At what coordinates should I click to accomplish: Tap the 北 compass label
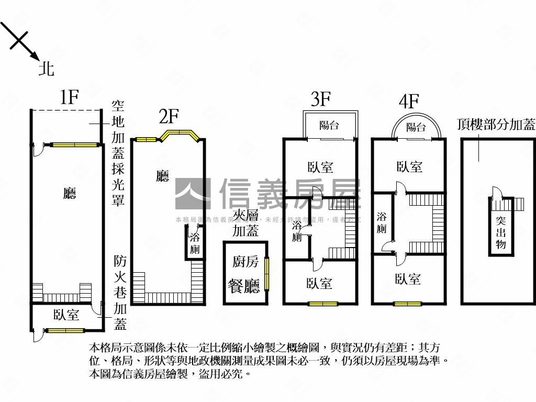pos(47,69)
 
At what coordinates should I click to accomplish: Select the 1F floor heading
pos(69,97)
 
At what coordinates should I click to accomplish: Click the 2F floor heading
pos(169,117)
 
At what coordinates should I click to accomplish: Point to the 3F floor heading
pos(320,99)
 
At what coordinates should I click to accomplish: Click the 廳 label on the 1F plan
pos(69,194)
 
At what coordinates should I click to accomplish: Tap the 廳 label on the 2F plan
pos(162,176)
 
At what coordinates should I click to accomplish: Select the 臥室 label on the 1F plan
pos(66,315)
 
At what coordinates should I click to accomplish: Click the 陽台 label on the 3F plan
pos(329,126)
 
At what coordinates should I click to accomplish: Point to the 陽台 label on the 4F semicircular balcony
pos(416,127)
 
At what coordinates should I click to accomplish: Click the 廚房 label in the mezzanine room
pos(245,262)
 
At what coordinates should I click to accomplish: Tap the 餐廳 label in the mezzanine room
pos(244,286)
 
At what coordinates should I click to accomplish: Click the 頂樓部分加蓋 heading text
pos(496,125)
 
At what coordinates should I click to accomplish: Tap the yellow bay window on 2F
pos(179,135)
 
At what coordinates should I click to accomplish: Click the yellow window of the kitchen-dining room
pos(266,274)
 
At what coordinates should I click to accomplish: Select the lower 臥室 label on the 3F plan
pos(319,283)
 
